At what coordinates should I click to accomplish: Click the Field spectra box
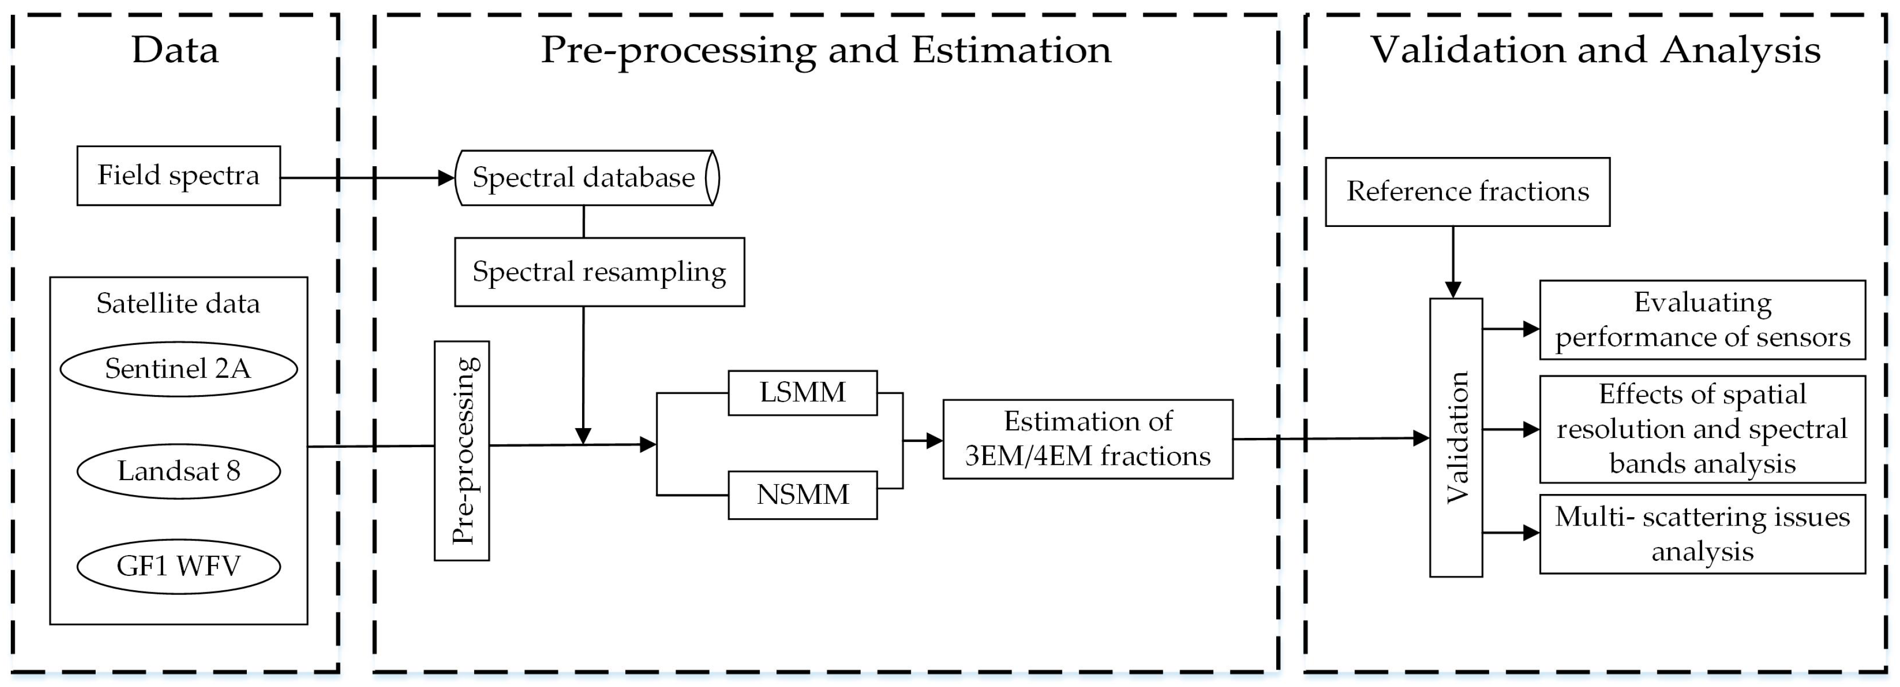click(x=178, y=175)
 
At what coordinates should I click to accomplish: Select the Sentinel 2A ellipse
click(x=178, y=368)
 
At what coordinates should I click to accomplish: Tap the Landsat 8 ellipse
click(x=178, y=471)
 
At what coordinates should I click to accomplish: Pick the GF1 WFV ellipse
click(x=178, y=566)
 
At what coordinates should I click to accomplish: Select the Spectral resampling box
click(x=599, y=272)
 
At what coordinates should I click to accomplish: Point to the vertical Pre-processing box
click(x=462, y=450)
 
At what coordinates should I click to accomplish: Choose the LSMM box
click(x=803, y=393)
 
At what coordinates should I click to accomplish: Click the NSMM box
click(x=803, y=495)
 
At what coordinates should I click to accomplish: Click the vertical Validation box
click(x=1455, y=437)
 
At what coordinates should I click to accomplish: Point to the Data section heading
click(x=175, y=50)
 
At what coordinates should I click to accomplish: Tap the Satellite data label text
click(x=178, y=303)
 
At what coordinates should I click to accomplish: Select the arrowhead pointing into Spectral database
click(x=446, y=178)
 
